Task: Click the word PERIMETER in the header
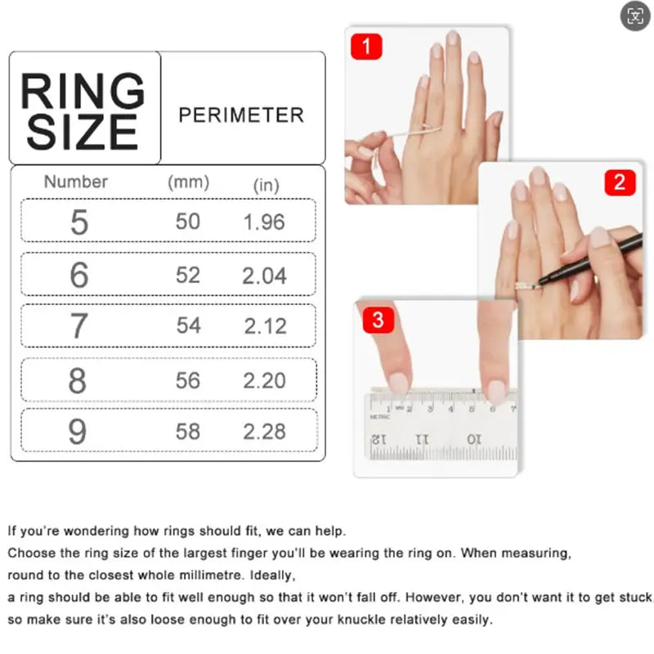point(241,114)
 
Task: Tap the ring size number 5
point(78,222)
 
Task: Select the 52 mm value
point(188,275)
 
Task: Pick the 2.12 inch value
point(265,326)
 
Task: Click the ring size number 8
point(78,381)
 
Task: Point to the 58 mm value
point(188,431)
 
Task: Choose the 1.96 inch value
point(264,222)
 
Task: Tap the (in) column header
point(267,186)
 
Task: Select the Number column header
point(76,181)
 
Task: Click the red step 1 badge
point(366,46)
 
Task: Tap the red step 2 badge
point(620,182)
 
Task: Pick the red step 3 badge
point(377,319)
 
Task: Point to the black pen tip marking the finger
point(540,282)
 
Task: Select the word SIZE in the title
point(82,132)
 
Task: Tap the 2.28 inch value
point(265,431)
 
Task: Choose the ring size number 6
point(78,275)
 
